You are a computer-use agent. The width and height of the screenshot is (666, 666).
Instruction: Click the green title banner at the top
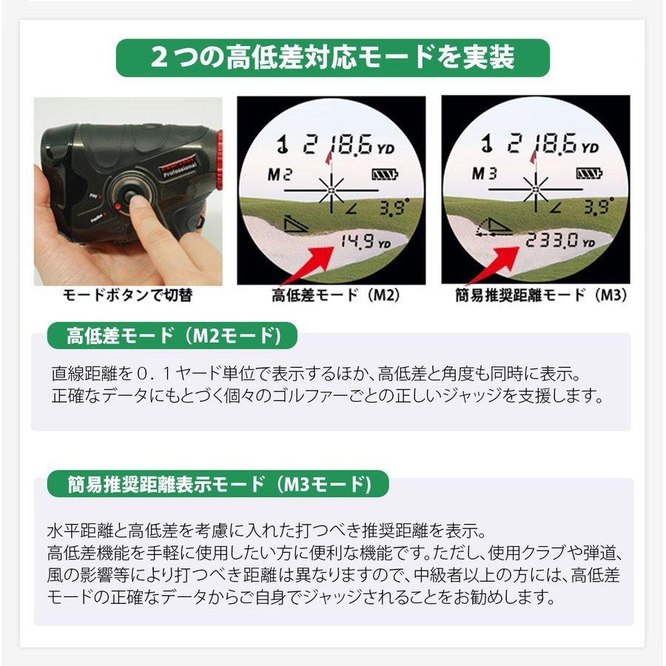(x=332, y=58)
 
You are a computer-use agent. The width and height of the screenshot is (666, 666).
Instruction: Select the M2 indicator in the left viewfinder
(x=280, y=175)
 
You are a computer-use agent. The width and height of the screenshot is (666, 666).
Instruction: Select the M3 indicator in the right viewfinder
(x=484, y=175)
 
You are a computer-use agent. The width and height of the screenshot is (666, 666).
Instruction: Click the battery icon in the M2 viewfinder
(x=385, y=175)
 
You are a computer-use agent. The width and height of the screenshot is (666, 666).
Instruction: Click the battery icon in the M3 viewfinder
(x=589, y=175)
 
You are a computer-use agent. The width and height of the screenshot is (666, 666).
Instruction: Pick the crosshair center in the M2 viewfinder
(x=331, y=190)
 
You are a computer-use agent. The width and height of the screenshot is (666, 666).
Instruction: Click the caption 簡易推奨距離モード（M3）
(x=541, y=295)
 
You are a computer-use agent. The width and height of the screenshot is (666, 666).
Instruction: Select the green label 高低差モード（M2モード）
(x=172, y=335)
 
